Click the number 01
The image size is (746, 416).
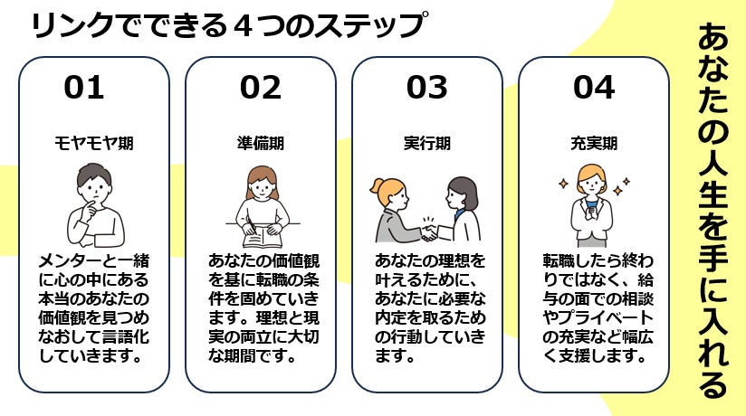click(x=83, y=88)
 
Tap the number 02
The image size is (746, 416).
click(x=260, y=88)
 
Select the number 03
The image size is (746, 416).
click(x=426, y=88)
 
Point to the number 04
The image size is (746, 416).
click(x=594, y=88)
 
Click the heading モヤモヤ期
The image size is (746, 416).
click(x=94, y=143)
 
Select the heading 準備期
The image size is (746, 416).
click(x=260, y=143)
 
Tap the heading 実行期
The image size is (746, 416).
click(x=426, y=143)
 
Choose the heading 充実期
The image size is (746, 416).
click(x=594, y=143)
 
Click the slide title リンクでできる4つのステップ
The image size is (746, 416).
click(x=227, y=24)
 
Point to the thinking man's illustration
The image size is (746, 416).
click(x=95, y=205)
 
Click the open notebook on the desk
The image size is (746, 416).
click(x=263, y=237)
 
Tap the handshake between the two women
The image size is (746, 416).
click(x=430, y=231)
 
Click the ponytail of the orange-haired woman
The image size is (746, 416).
click(x=376, y=186)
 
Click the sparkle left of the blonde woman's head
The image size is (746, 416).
click(x=563, y=184)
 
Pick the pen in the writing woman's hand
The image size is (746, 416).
click(x=252, y=225)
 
